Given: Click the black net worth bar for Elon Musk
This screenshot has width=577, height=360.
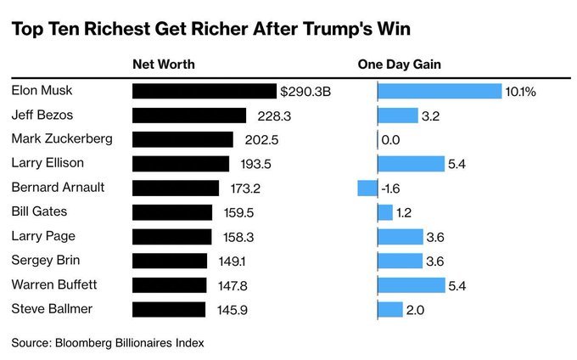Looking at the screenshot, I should [x=204, y=91].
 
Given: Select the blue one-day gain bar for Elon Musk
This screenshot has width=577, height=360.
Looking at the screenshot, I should [x=440, y=91].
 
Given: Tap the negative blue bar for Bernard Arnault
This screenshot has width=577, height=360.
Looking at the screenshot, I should [x=367, y=188].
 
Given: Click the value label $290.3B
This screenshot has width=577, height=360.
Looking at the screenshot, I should [x=305, y=91].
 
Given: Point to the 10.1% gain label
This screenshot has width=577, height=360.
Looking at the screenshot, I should [x=521, y=91].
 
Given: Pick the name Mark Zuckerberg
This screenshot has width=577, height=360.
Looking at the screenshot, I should [x=61, y=139].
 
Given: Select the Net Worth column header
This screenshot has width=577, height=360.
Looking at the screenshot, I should [x=164, y=65].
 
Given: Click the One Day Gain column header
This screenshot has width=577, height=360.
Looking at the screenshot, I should [x=399, y=65].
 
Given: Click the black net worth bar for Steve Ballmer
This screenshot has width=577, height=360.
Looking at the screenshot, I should [x=169, y=309].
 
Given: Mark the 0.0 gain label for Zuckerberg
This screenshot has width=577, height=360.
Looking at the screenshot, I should [x=390, y=139].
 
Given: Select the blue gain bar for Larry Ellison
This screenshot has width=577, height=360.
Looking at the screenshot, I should [x=411, y=164].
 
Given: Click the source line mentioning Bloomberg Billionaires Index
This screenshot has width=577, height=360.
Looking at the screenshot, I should [x=108, y=342].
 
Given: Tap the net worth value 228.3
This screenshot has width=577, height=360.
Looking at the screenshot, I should [x=268, y=115].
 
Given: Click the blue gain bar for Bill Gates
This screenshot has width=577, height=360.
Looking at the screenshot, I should [x=385, y=212].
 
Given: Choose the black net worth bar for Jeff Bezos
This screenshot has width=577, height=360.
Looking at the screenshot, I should [x=189, y=115].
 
